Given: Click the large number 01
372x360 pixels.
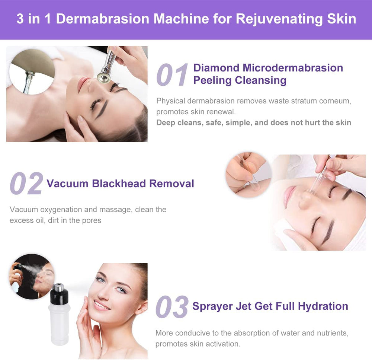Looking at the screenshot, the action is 172,74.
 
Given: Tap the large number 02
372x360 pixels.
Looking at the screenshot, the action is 26,183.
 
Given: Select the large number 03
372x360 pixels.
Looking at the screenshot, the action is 172,307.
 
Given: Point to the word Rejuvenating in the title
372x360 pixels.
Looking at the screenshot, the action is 279,19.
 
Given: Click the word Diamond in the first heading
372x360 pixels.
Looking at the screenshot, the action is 217,68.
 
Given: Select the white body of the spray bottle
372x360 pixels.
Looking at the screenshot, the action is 59,325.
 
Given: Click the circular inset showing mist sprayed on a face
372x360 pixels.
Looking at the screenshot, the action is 32,276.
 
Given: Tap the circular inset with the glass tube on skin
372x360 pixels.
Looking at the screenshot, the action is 248,175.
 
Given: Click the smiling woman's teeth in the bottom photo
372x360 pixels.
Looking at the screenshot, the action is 101,305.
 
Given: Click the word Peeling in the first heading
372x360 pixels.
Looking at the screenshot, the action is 212,80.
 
